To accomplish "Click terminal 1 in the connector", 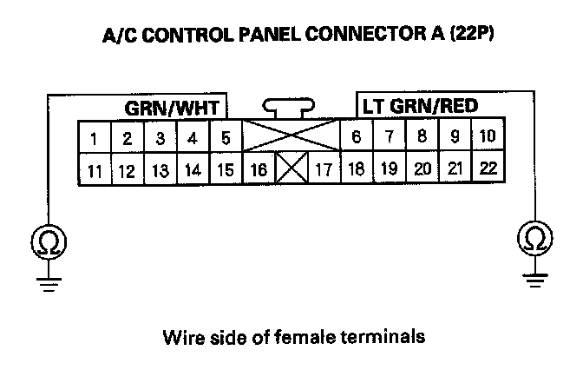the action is [x=93, y=137].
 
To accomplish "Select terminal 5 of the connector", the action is [x=226, y=137].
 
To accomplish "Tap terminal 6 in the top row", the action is [x=357, y=137].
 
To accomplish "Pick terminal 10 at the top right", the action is [x=487, y=136].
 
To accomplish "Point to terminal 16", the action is [x=257, y=169].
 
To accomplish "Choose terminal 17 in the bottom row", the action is [x=324, y=169].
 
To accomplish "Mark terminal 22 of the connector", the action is [x=488, y=168].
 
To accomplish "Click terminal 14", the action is [x=193, y=169].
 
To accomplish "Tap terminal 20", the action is [x=423, y=168].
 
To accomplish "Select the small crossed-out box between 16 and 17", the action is [x=291, y=168].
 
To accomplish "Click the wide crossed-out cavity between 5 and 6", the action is [x=290, y=136].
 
